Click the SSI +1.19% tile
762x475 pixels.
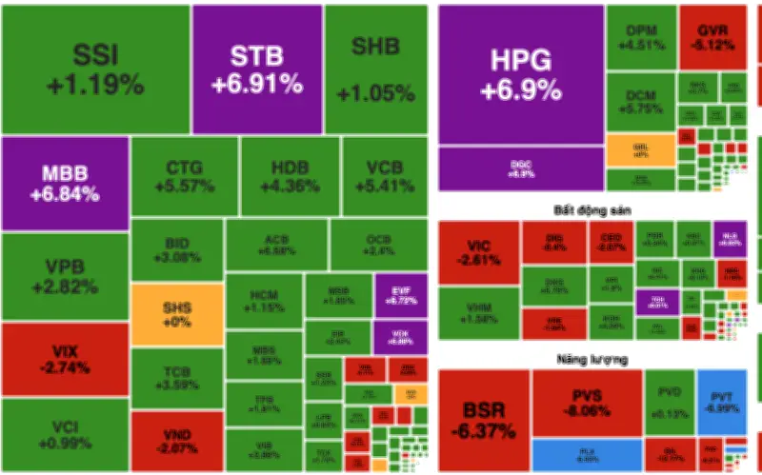pyautogui.click(x=95, y=69)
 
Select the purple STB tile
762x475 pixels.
pyautogui.click(x=257, y=69)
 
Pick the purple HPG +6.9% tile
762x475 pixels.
pyautogui.click(x=521, y=74)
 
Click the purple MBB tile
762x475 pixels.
pyautogui.click(x=65, y=184)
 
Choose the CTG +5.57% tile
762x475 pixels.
pyautogui.click(x=184, y=176)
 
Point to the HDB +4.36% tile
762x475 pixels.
pyautogui.click(x=289, y=176)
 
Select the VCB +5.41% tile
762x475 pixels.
pyautogui.click(x=385, y=176)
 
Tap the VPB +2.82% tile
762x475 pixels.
pyautogui.click(x=65, y=277)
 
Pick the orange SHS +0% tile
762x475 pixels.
pyautogui.click(x=176, y=314)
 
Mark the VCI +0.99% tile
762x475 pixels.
pyautogui.click(x=65, y=435)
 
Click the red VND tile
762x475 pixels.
pyautogui.click(x=176, y=442)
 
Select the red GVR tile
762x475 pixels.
pyautogui.click(x=712, y=36)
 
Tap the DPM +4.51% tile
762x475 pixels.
pyautogui.click(x=641, y=36)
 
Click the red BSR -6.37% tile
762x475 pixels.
pyautogui.click(x=484, y=420)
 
